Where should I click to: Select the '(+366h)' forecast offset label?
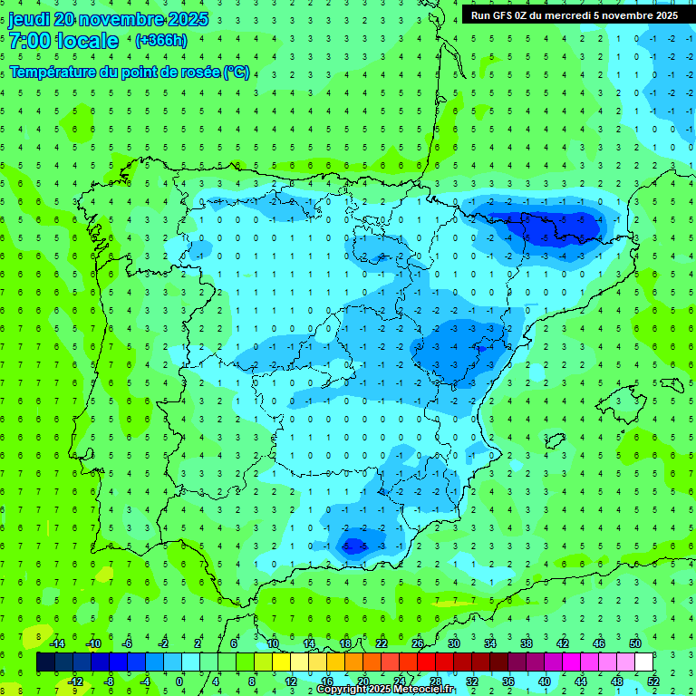point(160,41)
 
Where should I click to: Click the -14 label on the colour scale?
point(56,643)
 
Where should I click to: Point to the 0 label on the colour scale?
point(179,681)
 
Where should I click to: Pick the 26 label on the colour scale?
point(418,643)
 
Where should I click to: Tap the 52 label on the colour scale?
point(653,681)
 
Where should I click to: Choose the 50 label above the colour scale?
point(634,643)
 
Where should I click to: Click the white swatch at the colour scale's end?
point(644,662)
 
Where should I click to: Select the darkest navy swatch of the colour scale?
point(46,662)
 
